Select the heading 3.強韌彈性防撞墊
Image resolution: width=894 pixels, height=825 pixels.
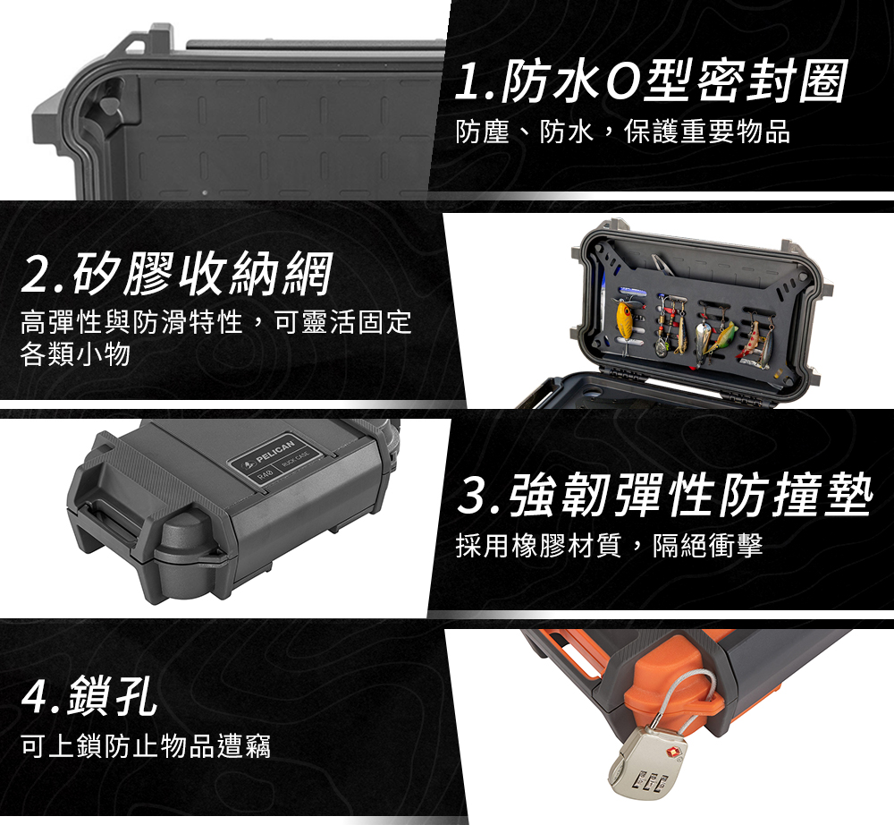[665, 495]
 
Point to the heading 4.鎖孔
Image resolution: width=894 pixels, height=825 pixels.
[89, 695]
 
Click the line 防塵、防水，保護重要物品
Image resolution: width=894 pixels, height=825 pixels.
[623, 132]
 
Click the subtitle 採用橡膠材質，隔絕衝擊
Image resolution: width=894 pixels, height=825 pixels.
[610, 546]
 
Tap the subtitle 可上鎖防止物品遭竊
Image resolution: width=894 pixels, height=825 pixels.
[146, 745]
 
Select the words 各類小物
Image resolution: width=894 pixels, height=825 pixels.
[75, 353]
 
